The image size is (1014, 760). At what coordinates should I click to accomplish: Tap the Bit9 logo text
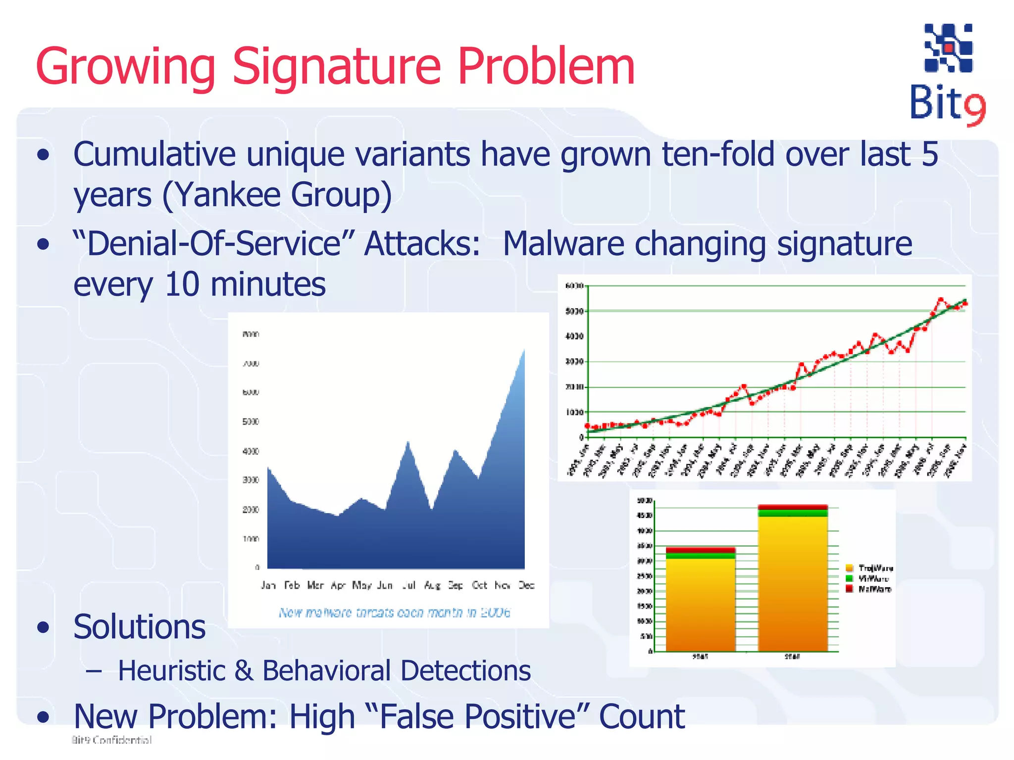coord(947,104)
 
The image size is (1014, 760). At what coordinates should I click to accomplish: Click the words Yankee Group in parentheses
coord(277,194)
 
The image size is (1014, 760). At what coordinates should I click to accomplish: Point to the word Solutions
coord(139,627)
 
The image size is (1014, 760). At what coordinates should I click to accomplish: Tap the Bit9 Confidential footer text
coord(112,740)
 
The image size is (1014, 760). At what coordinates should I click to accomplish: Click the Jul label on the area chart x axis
coord(408,585)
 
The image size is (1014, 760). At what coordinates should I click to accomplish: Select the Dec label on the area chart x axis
coord(526,585)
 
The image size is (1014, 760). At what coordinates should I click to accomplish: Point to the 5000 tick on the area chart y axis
coord(251,422)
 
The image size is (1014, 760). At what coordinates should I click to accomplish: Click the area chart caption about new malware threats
coord(394,613)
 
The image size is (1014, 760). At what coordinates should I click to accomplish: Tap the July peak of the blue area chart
coord(408,442)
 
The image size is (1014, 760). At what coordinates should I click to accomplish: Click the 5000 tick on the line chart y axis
coord(574,311)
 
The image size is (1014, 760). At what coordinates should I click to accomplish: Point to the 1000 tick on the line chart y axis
coord(574,412)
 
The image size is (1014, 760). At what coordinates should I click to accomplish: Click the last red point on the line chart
coord(965,303)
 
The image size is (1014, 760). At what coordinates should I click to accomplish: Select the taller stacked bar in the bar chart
coord(793,579)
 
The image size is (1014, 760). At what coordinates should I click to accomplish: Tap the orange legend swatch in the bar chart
coord(850,568)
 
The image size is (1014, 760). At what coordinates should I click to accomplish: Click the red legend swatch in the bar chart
coord(850,589)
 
